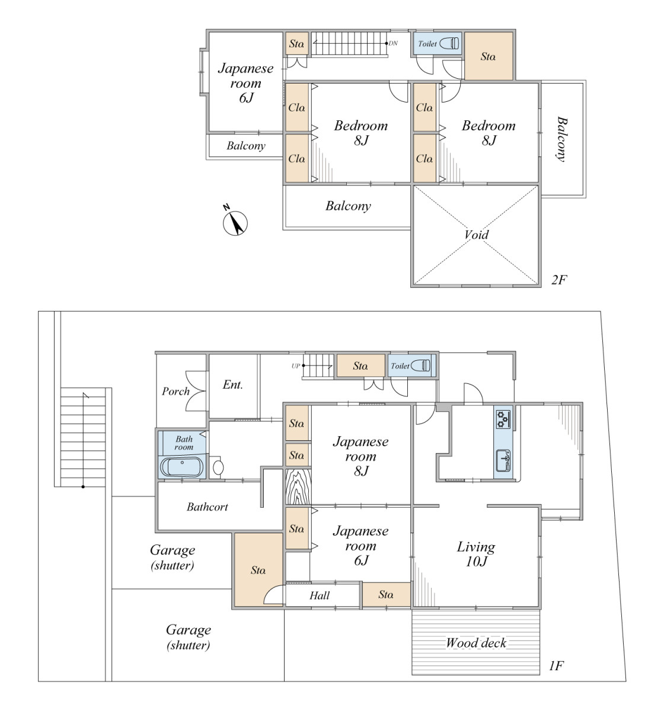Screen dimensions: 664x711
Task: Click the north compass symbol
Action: [x=235, y=221]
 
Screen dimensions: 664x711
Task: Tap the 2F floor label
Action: [x=558, y=280]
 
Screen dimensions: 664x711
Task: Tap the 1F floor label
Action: [x=556, y=666]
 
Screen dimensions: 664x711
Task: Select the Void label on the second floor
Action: [x=476, y=235]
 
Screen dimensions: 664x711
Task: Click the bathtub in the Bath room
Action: [x=181, y=467]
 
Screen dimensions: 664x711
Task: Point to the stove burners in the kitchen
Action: [x=503, y=419]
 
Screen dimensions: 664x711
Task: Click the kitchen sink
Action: [x=503, y=460]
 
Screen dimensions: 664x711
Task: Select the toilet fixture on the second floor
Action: [x=449, y=43]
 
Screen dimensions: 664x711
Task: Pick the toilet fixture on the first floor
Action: [x=421, y=366]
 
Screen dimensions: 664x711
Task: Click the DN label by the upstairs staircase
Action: [x=393, y=43]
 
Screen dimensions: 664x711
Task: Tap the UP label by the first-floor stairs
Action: [x=296, y=366]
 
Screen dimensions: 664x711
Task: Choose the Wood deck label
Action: [x=476, y=643]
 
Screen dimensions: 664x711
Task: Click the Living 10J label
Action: [x=476, y=554]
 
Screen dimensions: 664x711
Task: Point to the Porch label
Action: [x=175, y=391]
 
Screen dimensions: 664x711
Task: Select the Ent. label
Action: [x=232, y=385]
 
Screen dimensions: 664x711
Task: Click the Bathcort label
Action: [x=207, y=507]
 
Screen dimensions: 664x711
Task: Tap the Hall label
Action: [x=320, y=595]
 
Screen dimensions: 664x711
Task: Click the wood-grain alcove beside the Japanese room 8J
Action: [x=298, y=486]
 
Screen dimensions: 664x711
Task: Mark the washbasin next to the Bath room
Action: [x=218, y=467]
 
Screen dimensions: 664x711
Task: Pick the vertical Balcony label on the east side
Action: [x=561, y=139]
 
